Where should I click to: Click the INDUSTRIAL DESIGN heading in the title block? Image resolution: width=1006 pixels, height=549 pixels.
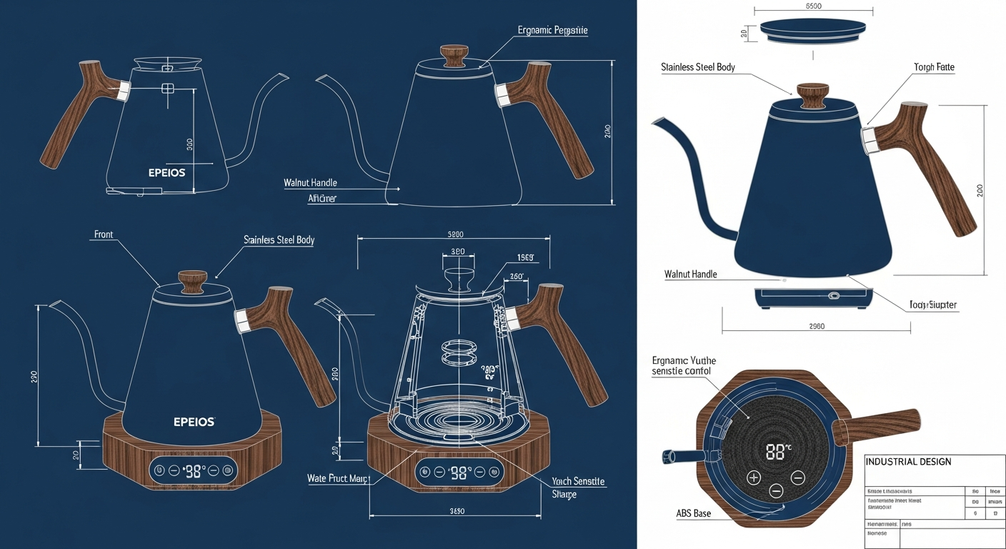tap(908, 462)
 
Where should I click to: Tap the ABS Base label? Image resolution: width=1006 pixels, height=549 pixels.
tap(693, 513)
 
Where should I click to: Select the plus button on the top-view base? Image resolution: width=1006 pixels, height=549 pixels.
tap(753, 478)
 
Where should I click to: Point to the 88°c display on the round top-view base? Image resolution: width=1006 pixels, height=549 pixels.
tap(778, 452)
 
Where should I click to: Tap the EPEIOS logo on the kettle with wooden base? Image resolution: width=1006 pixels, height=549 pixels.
tap(194, 422)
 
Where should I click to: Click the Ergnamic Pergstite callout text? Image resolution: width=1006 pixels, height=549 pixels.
tap(552, 31)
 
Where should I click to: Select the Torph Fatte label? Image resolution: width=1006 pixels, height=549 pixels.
tap(934, 67)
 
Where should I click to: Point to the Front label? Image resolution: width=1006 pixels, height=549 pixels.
tap(104, 234)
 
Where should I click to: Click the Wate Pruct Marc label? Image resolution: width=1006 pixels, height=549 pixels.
tap(337, 478)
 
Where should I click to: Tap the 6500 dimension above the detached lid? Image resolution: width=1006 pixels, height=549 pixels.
tap(813, 6)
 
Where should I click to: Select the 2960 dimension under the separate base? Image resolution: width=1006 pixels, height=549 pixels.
tap(816, 326)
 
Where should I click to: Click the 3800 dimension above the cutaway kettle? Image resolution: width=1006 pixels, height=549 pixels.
tap(455, 234)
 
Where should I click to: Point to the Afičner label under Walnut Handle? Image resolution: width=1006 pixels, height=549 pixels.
tap(322, 198)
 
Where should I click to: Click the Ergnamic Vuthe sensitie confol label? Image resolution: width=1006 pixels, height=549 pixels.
tap(684, 366)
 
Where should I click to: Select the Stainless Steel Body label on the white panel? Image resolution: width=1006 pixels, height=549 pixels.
tap(698, 67)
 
